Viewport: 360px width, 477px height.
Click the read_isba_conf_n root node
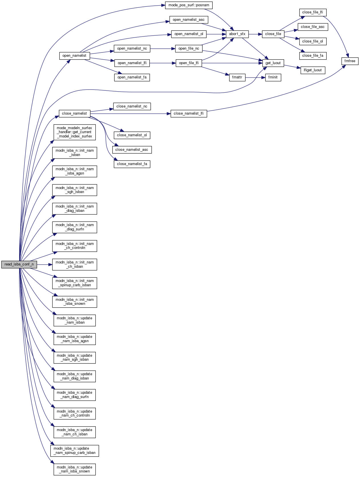[x=19, y=264]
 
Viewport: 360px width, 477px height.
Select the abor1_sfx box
[x=237, y=34]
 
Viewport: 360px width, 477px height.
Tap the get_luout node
[x=273, y=63]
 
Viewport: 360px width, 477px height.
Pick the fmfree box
[x=350, y=61]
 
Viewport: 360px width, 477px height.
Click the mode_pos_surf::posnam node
[x=189, y=5]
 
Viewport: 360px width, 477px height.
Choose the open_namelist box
[x=74, y=56]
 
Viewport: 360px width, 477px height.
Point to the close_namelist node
[x=74, y=113]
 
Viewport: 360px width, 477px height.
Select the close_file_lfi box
[x=312, y=12]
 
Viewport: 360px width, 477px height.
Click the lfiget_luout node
[x=313, y=70]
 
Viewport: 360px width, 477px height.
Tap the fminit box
[x=273, y=77]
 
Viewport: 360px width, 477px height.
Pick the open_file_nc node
[x=189, y=48]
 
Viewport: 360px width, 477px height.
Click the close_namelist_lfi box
[x=189, y=113]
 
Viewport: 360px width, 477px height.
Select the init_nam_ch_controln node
[x=75, y=246]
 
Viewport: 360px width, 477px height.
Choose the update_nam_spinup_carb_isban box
[x=75, y=451]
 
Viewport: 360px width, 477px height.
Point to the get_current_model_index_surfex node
[x=74, y=132]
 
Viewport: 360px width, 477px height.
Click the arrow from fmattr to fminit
[x=255, y=77]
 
